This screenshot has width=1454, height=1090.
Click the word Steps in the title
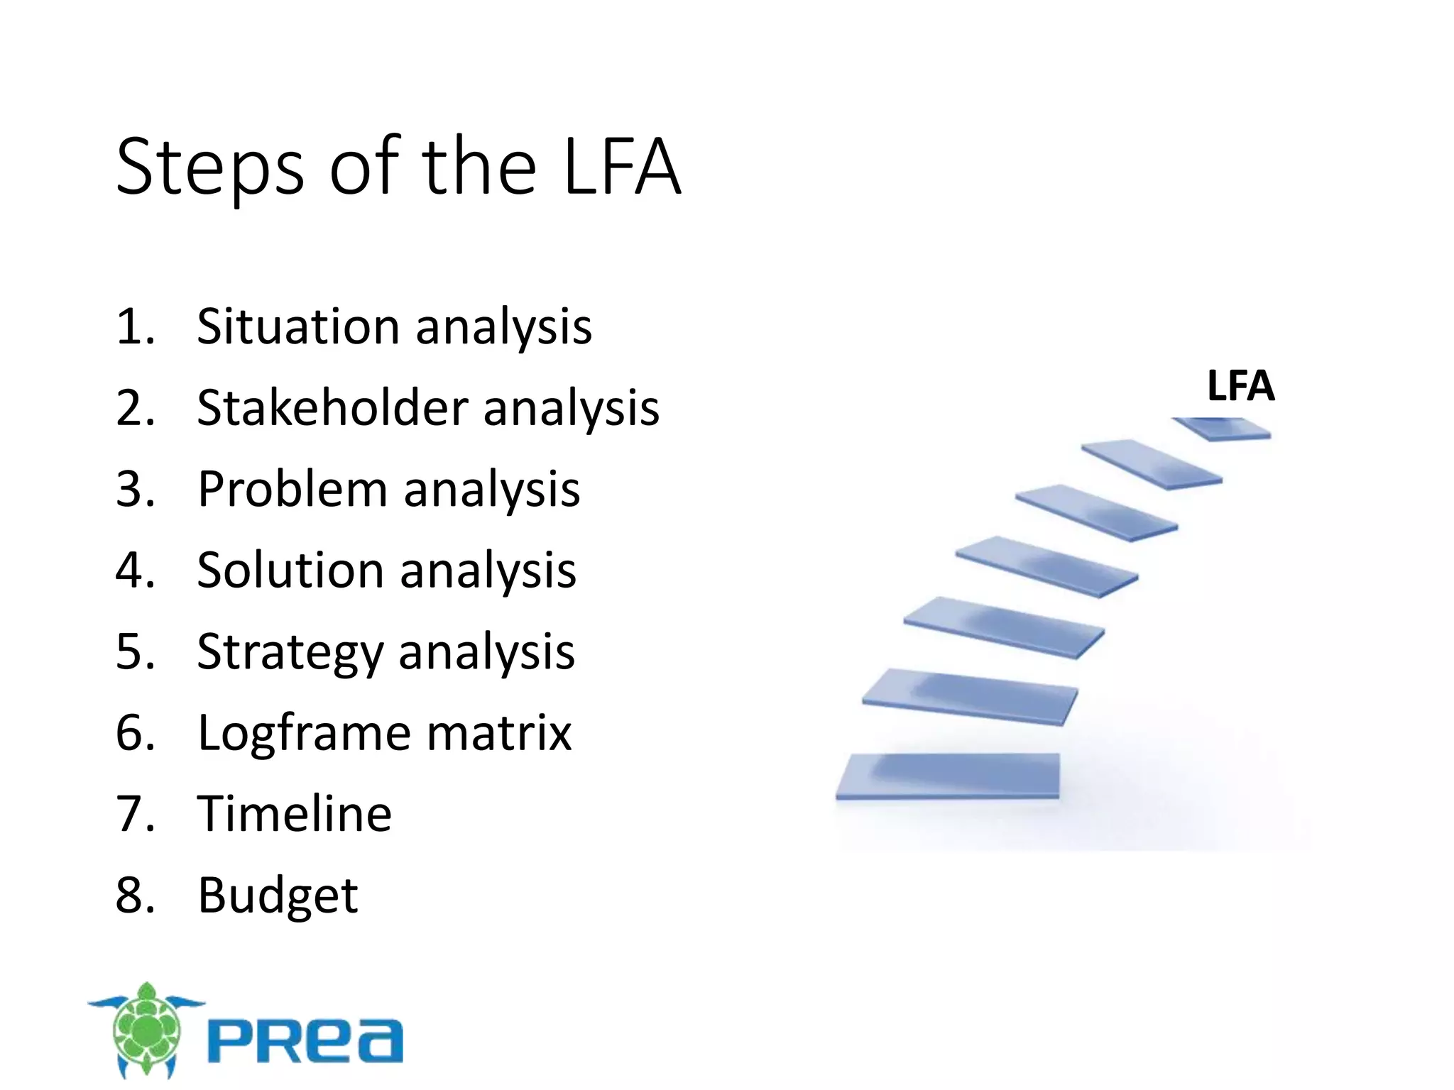[210, 168]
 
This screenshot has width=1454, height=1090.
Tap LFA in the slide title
[622, 167]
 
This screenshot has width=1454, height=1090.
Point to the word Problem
[291, 490]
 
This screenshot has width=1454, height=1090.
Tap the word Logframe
[303, 733]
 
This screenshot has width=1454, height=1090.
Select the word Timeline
[294, 814]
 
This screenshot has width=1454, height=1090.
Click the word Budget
[278, 896]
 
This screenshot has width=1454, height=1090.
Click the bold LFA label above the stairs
[1240, 386]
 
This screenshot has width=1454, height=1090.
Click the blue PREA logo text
[305, 1041]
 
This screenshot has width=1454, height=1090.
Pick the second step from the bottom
[970, 695]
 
